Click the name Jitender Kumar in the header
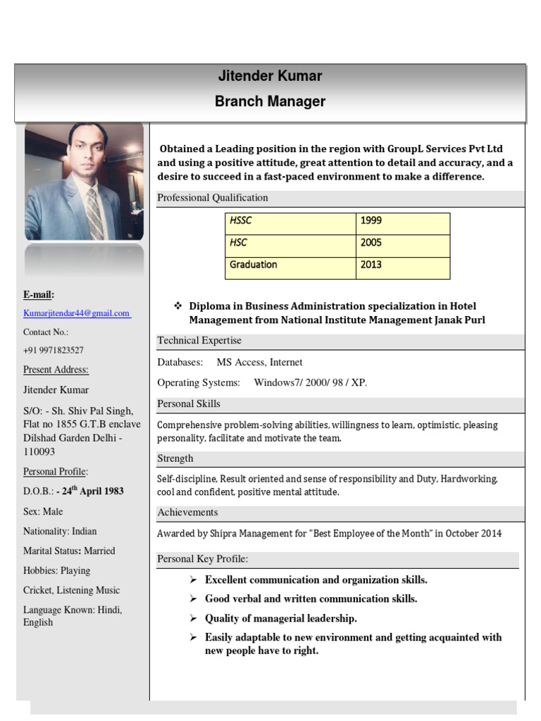270,76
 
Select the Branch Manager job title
270,101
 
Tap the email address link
77,313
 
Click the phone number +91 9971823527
54,350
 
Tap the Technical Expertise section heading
199,341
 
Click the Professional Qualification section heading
213,198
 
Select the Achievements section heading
187,513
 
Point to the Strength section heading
175,458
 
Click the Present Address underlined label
56,370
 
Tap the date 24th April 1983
91,491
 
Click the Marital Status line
69,551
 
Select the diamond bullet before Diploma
178,306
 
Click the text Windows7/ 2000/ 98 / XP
310,382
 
